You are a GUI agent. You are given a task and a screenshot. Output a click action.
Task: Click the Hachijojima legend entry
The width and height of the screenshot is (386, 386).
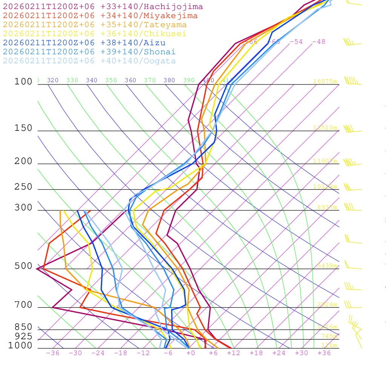[103, 7]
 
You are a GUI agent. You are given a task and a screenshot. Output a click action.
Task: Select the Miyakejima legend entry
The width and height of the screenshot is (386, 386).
[100, 16]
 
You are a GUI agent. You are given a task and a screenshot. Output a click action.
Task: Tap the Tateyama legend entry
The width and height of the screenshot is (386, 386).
[95, 25]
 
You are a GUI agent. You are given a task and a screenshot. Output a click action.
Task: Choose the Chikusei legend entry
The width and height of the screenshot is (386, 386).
[94, 34]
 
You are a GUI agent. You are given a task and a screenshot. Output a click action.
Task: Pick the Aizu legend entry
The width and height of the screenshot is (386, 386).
[84, 43]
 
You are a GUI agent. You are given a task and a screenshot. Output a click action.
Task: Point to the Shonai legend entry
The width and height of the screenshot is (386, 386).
[89, 52]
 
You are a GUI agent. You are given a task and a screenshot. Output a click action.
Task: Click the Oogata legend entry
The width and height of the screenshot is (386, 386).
[89, 61]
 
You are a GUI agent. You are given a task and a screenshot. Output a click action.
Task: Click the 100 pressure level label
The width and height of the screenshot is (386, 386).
[23, 82]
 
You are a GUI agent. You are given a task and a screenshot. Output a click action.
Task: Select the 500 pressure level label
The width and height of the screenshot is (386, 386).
[23, 266]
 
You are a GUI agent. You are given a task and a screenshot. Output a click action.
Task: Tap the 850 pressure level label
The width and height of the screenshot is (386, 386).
[23, 327]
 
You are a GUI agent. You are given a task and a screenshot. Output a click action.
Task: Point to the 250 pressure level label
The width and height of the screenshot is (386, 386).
[23, 187]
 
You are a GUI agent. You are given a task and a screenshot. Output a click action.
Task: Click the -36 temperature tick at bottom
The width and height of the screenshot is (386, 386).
[52, 353]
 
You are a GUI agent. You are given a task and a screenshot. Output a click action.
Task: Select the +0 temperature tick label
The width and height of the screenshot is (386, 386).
[190, 353]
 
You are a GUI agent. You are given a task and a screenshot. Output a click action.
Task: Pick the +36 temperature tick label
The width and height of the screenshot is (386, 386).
[324, 353]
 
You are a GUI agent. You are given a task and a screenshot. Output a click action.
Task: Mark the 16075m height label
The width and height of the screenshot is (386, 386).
[325, 81]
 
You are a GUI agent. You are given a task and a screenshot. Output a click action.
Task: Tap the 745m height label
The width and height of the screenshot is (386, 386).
[329, 336]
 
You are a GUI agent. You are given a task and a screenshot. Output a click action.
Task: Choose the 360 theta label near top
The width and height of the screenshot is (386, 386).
[130, 80]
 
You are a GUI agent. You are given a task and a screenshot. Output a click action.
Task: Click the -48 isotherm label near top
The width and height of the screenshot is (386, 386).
[319, 42]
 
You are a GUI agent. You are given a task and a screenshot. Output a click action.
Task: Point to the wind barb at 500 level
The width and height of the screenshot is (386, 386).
[352, 266]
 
